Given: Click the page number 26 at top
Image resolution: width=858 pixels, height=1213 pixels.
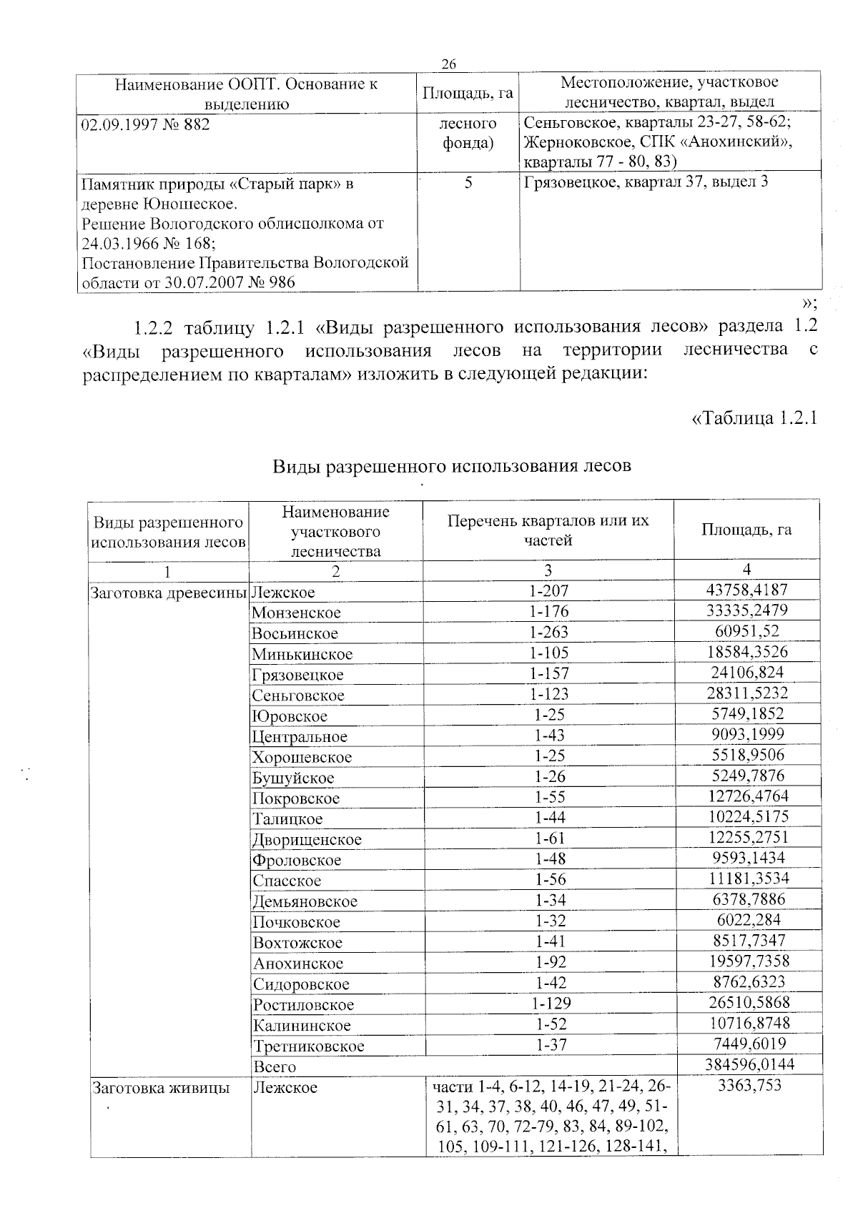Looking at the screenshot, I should tap(448, 64).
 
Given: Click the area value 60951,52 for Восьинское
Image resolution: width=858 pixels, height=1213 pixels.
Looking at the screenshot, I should tap(746, 631).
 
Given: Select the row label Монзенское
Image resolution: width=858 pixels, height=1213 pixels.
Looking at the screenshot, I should tap(296, 613).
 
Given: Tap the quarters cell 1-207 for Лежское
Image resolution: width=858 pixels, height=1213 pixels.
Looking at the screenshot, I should tap(548, 590).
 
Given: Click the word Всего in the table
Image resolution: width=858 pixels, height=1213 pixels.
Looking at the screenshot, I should tap(274, 1066).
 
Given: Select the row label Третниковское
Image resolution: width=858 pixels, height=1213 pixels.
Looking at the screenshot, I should tap(308, 1046).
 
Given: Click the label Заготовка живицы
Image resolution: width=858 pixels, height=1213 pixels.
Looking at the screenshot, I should tap(161, 1088).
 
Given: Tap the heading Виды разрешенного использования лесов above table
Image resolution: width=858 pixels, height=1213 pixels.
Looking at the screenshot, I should tap(453, 466).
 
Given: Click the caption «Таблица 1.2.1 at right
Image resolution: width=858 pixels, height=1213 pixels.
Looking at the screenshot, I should tap(754, 417).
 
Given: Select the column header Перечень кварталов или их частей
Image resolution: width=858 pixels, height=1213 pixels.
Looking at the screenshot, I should tap(548, 530).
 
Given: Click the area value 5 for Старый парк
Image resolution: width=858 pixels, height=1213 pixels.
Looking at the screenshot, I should tap(468, 183).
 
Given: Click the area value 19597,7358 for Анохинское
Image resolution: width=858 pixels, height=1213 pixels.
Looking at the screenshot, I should tap(746, 961).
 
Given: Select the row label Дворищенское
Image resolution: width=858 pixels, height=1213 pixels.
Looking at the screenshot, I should tap(307, 839).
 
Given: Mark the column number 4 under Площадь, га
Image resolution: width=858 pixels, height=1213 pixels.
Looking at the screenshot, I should tap(746, 569).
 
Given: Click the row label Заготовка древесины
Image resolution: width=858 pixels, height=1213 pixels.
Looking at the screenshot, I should tap(169, 592).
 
